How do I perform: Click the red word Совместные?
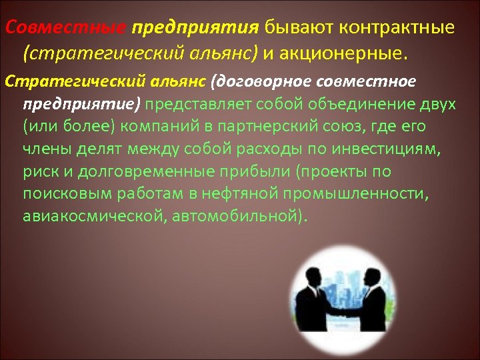point(65,29)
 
